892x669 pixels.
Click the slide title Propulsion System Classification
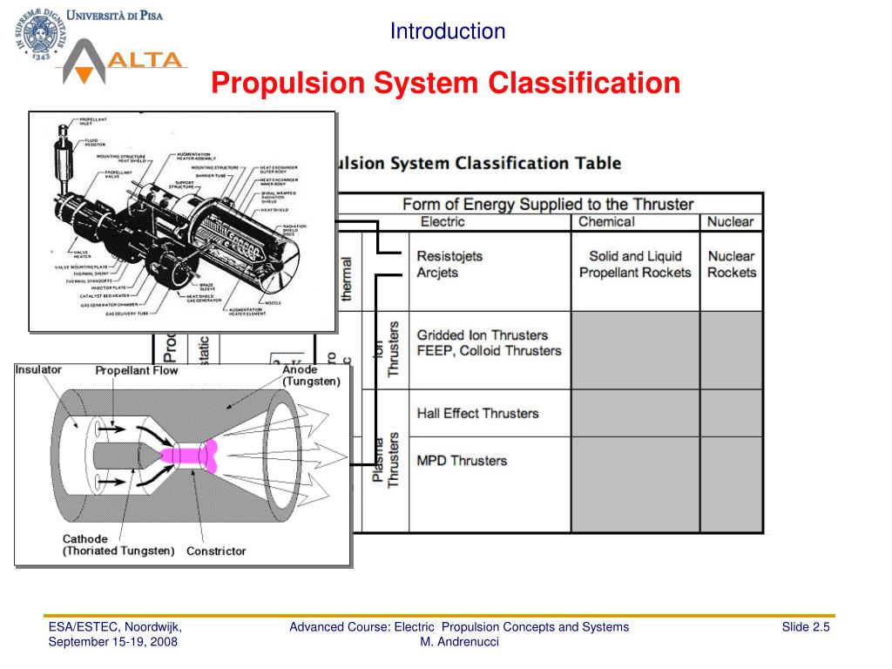(x=446, y=84)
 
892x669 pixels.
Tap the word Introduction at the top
(x=447, y=31)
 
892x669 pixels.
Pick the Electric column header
(x=443, y=221)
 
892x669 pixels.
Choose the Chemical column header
(x=606, y=221)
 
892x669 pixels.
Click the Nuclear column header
(x=730, y=221)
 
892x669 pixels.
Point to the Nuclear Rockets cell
(x=731, y=264)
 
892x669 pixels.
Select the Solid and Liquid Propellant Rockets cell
(x=635, y=264)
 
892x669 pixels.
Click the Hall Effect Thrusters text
(x=477, y=413)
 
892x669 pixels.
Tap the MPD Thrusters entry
(x=462, y=460)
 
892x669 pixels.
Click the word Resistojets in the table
(x=449, y=256)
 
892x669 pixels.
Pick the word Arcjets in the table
(x=437, y=273)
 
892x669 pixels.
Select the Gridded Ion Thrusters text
(x=483, y=334)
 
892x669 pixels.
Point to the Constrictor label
(x=216, y=551)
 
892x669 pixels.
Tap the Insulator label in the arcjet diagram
(x=38, y=369)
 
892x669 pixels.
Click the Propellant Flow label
(x=137, y=370)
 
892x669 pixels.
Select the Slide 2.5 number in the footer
(x=805, y=627)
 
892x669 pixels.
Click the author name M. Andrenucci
(x=459, y=642)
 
